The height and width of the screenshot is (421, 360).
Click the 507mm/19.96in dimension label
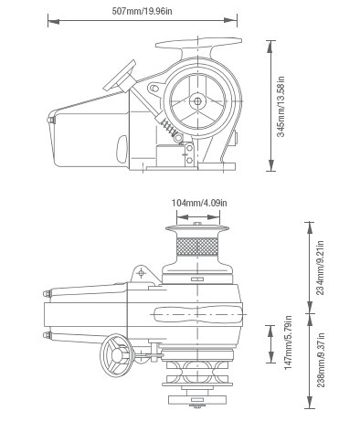pos(142,11)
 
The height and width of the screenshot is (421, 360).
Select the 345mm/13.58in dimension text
pos(281,107)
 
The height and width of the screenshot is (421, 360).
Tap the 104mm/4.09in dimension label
pos(199,203)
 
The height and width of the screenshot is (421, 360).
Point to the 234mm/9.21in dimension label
pos(321,268)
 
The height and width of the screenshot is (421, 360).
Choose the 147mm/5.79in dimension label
pos(288,342)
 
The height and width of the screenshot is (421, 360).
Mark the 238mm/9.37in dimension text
pos(321,360)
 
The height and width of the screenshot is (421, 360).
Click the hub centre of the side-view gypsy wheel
pos(197,100)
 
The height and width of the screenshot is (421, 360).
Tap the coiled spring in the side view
pos(168,127)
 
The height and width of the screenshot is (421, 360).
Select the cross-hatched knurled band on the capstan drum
pos(197,247)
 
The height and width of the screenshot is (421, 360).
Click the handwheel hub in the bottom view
pos(117,355)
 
